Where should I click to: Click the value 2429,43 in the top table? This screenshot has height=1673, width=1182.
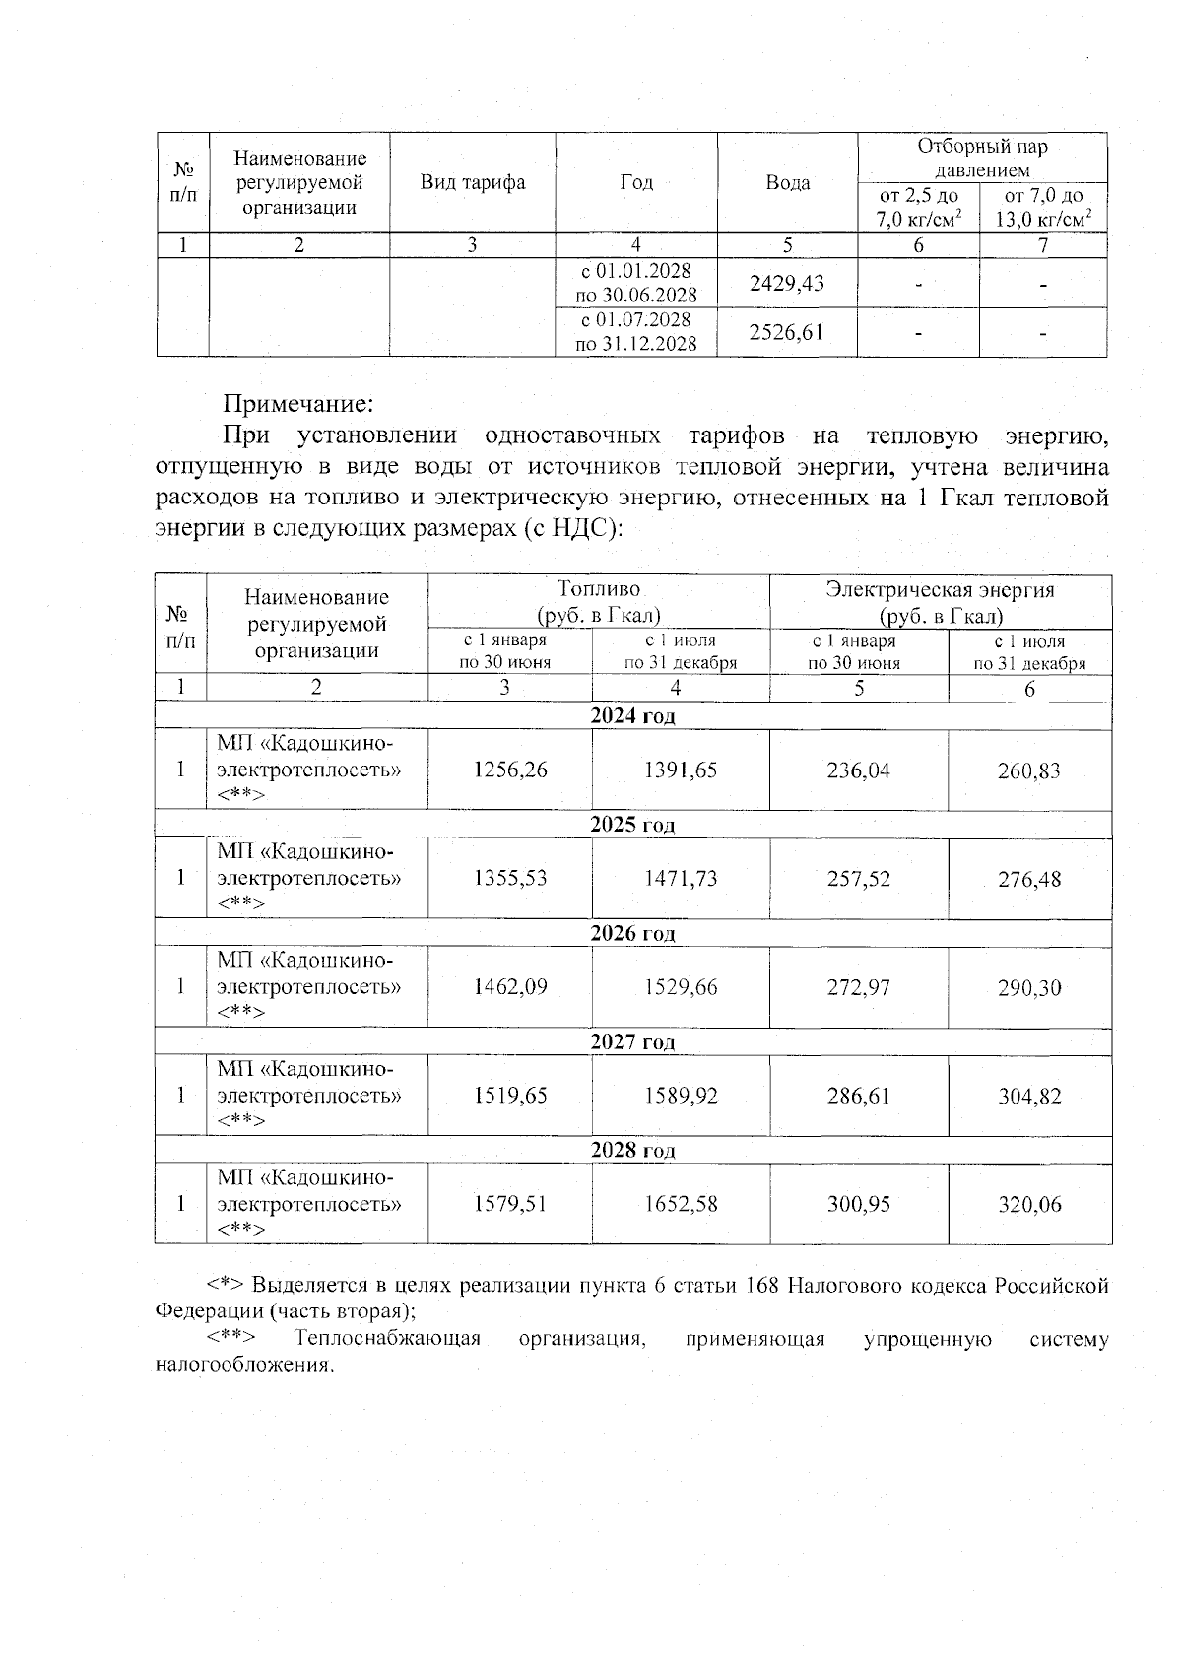pos(786,284)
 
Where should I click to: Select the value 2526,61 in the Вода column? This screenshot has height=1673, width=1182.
pos(786,332)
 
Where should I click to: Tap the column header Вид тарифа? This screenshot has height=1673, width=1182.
pos(473,182)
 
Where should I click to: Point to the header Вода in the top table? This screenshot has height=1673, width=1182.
pos(788,183)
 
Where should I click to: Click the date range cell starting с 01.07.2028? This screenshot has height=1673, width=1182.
pos(636,332)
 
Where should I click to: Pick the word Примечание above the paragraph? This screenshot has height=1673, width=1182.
pos(298,404)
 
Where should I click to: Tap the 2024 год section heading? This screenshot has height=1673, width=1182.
pos(632,716)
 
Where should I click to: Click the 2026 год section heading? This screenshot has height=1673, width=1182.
pos(632,933)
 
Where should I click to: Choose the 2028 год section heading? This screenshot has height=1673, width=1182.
pos(632,1150)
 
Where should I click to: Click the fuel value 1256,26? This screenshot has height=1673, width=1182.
pos(509,770)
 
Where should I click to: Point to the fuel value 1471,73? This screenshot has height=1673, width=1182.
pos(681,879)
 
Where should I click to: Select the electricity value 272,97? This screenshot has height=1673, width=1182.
pos(858,987)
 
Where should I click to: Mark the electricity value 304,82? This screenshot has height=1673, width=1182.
pos(1029,1096)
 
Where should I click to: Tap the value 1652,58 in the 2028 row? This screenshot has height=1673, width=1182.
pos(681,1204)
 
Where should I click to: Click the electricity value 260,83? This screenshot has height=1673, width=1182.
pos(1029,770)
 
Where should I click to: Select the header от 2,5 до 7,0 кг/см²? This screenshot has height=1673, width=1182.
pos(919,207)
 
